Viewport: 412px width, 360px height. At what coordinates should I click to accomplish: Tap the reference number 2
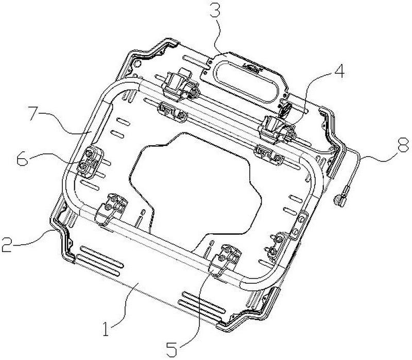coord(7,245)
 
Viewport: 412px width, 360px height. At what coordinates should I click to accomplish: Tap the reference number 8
coord(403,145)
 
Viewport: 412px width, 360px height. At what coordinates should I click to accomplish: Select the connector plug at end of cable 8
coord(340,199)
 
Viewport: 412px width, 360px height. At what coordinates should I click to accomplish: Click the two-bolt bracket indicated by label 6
coord(89,162)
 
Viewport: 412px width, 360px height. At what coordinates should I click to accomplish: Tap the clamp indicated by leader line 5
coord(225,260)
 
